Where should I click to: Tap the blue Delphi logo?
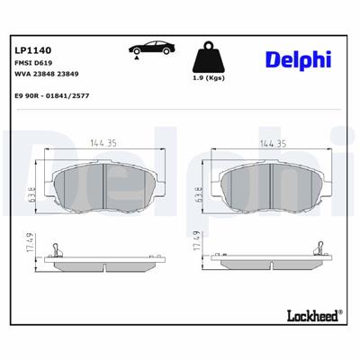(x=296, y=60)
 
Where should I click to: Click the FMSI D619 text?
(x=32, y=63)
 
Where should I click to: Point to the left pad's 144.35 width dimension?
(x=105, y=142)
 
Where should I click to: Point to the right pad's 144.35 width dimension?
(x=272, y=142)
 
